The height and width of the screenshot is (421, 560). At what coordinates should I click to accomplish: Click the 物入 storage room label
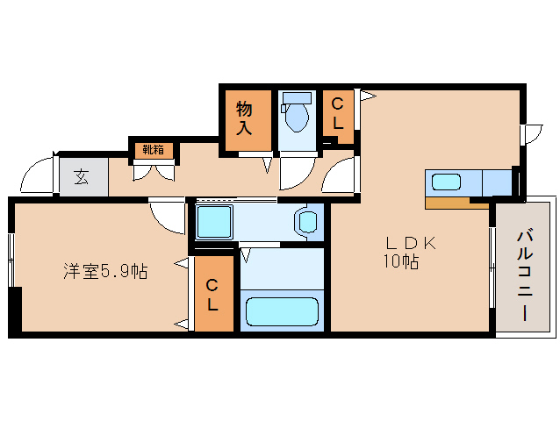coord(244,118)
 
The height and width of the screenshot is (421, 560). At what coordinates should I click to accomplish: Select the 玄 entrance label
coord(81,176)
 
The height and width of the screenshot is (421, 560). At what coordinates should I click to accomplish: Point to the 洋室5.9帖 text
coord(104,272)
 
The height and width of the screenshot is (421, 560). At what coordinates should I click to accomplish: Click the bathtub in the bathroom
coord(282,311)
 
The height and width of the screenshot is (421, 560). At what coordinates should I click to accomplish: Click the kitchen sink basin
coord(446,182)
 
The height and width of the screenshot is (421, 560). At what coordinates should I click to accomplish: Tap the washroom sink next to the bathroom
coord(308,221)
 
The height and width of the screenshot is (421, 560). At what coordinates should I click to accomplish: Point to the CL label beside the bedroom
coord(213,294)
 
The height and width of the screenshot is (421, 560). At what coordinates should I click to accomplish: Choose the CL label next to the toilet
coord(337,113)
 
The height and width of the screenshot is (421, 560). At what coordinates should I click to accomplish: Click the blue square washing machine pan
coord(213,222)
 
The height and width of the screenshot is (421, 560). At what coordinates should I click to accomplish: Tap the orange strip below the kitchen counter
coord(456,203)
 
